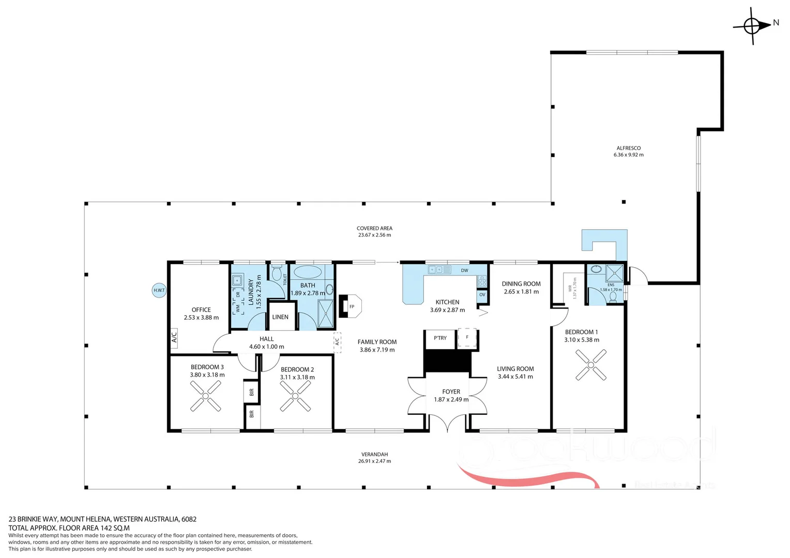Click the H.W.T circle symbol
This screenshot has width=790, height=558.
(159, 290)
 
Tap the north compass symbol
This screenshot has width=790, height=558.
(752, 25)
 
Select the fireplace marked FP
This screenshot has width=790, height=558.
(350, 306)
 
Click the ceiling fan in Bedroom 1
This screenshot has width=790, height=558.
(590, 365)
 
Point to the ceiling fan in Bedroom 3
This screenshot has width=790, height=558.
(205, 396)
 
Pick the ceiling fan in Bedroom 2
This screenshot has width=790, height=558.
(295, 396)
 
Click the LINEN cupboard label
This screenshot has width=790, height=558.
(280, 317)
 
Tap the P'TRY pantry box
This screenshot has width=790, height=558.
(440, 338)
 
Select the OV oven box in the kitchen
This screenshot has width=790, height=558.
(482, 295)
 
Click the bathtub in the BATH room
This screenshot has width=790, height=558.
(308, 272)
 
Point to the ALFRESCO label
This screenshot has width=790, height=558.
(628, 148)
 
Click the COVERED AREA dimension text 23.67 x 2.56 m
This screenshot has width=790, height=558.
(374, 235)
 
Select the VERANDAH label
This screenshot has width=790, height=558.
(374, 455)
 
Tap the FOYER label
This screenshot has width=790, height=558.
(451, 392)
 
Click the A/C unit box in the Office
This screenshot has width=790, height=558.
(174, 337)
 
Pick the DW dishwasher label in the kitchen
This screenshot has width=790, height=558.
(464, 270)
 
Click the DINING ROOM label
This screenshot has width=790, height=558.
(521, 284)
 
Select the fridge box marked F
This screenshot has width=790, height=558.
(467, 338)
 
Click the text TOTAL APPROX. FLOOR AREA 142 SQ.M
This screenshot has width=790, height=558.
(69, 528)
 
